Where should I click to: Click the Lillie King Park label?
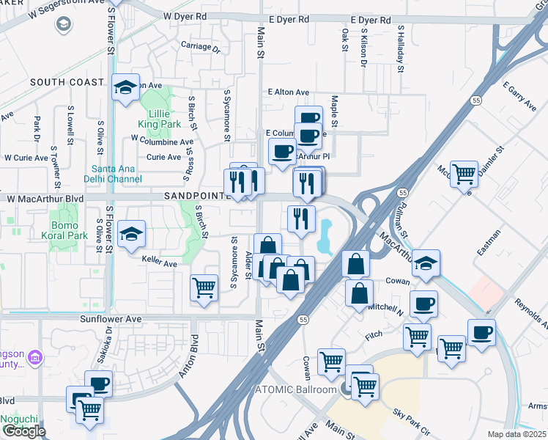(x=154, y=120)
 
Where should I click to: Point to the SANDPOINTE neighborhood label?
(x=194, y=196)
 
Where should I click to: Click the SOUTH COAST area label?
(x=67, y=82)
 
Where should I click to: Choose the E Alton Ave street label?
(x=289, y=92)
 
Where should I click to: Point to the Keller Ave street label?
(x=160, y=263)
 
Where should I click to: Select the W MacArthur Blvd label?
(x=45, y=199)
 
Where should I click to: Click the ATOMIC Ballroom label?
(x=293, y=389)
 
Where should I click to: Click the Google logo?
(x=24, y=431)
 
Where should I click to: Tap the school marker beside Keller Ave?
(x=131, y=235)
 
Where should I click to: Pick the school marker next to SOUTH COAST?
(x=126, y=87)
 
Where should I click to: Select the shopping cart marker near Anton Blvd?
(x=204, y=287)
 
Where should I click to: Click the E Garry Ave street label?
(x=519, y=97)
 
